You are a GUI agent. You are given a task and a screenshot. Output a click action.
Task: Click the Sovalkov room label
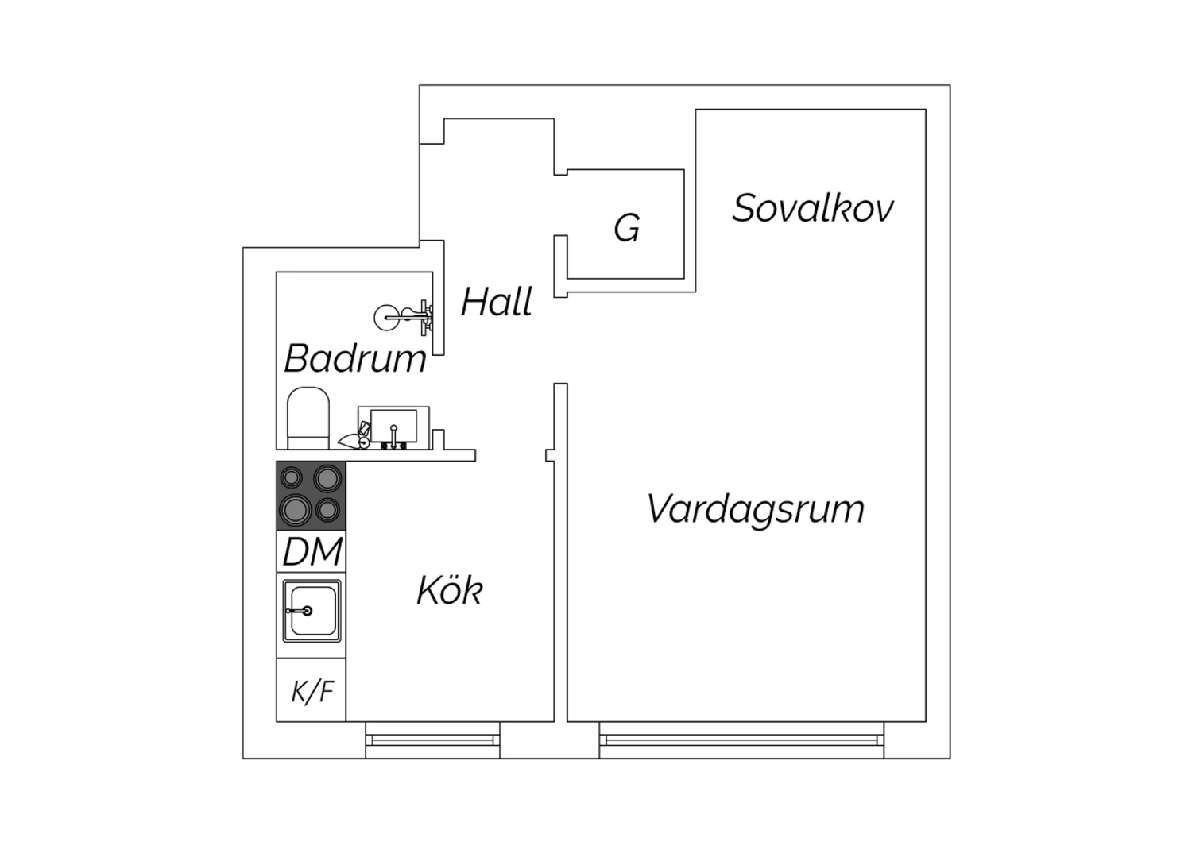click(x=813, y=208)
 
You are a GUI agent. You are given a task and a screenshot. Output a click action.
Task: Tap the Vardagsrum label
click(x=755, y=510)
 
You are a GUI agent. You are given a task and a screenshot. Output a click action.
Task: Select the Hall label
click(x=497, y=302)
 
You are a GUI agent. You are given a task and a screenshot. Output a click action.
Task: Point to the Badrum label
click(x=355, y=358)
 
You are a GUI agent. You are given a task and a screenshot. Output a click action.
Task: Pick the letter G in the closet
click(x=627, y=228)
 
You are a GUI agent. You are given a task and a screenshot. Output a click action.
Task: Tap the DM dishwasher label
click(x=312, y=551)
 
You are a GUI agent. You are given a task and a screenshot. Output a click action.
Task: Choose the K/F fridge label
click(x=312, y=691)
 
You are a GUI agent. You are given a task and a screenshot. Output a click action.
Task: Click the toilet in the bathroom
click(x=308, y=418)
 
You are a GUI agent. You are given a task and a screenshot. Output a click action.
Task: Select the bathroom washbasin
click(x=394, y=427)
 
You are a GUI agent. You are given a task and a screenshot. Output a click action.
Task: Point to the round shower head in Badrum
click(x=386, y=318)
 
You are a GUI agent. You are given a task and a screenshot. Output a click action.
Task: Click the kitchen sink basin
click(x=312, y=611)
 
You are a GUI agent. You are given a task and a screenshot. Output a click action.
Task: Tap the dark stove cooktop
click(x=312, y=495)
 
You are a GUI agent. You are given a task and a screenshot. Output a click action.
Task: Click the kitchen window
click(x=432, y=740)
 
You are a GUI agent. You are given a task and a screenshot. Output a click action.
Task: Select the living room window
click(x=741, y=740)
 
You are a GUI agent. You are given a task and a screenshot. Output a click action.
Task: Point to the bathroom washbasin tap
click(x=394, y=436)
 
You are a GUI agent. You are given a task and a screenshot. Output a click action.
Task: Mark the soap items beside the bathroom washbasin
click(x=355, y=436)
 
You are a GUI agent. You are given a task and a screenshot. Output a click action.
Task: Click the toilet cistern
click(x=308, y=442)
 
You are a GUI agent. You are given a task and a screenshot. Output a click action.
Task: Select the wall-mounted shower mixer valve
click(x=420, y=318)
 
